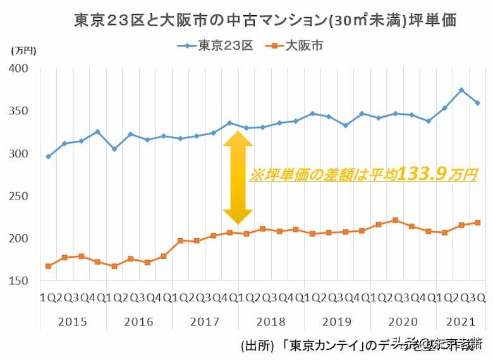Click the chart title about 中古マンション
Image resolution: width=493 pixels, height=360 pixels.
(x=265, y=20)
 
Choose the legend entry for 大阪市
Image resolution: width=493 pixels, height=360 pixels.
(x=297, y=45)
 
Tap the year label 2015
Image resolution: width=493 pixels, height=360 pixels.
(x=72, y=321)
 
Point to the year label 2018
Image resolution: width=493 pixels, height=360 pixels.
(x=270, y=321)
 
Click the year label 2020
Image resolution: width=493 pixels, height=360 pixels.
(x=402, y=321)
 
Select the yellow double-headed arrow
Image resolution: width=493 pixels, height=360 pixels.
(x=238, y=177)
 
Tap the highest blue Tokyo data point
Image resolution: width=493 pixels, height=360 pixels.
(x=461, y=90)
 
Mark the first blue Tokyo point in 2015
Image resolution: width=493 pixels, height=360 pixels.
(x=48, y=157)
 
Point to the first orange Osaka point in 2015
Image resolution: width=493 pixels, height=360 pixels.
(x=48, y=267)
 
